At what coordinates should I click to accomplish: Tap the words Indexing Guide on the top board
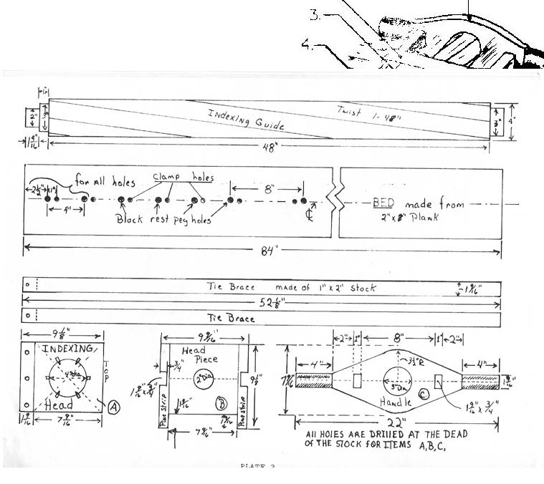point(246,119)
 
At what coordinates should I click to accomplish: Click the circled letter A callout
point(114,406)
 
